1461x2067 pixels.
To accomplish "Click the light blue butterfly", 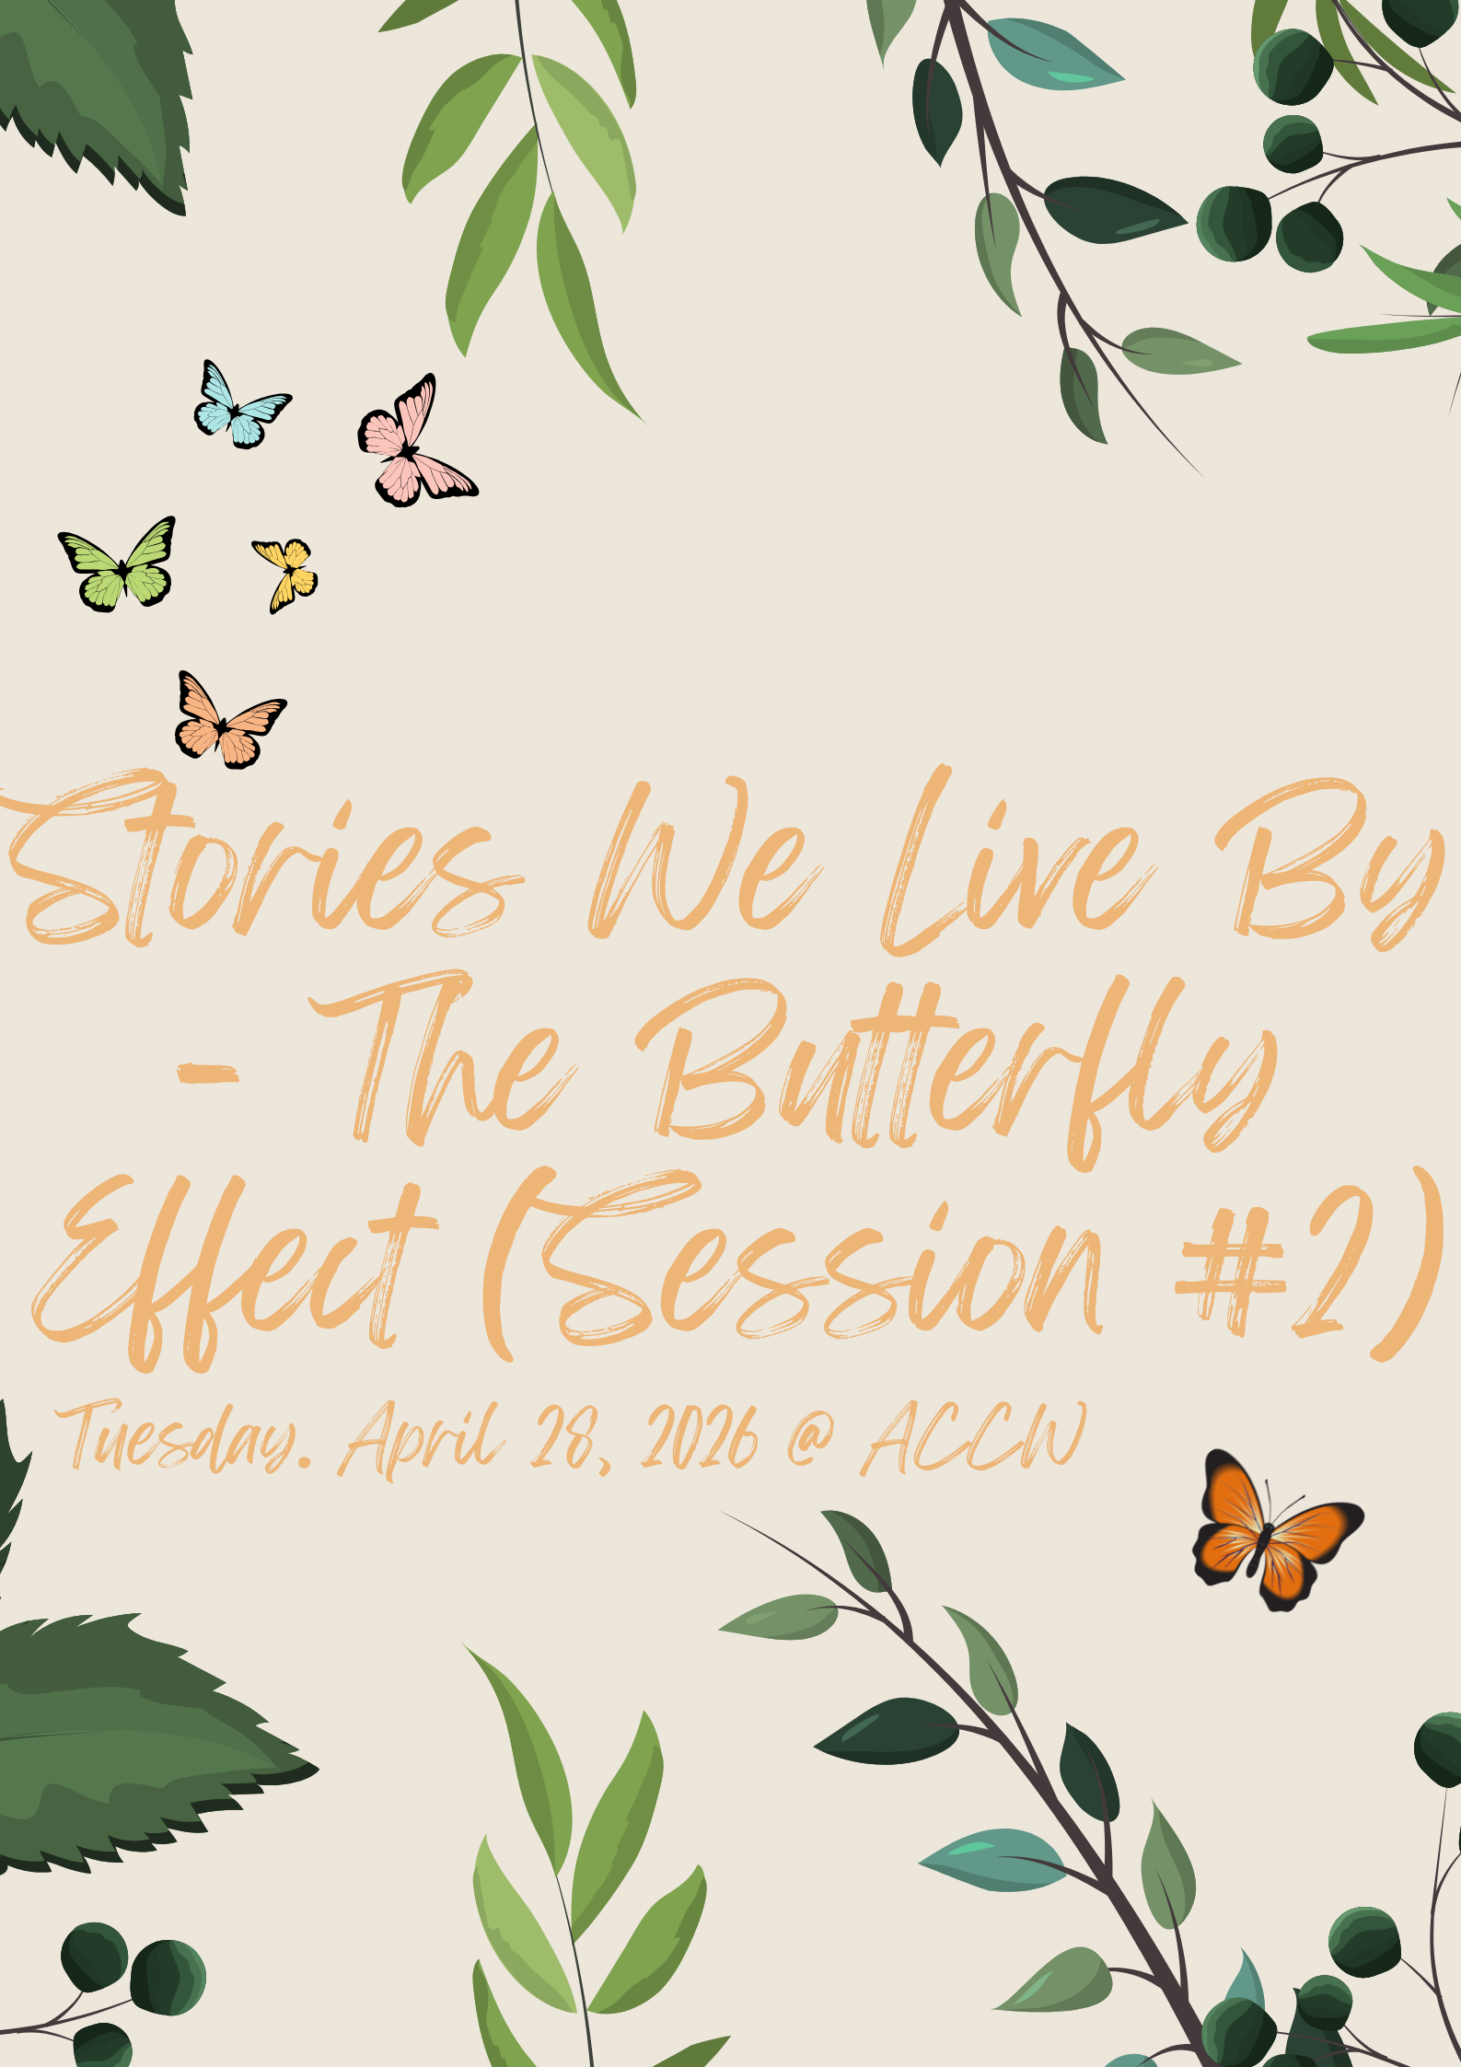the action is pos(241,406).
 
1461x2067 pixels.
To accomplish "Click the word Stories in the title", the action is pos(262,861).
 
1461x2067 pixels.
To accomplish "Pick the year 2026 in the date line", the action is pos(700,1437).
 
